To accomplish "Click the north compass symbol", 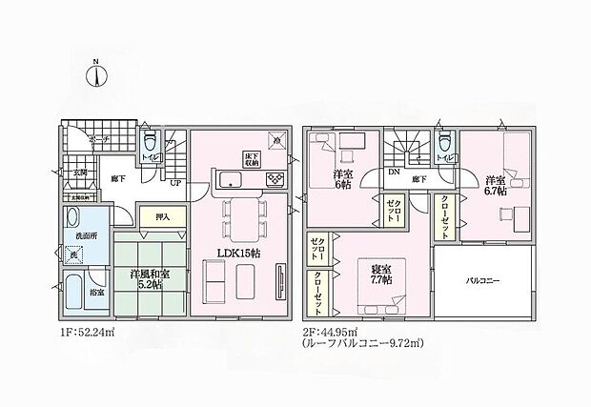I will click(97, 74).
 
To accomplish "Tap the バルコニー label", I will click(484, 282).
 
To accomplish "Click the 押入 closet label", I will click(162, 216).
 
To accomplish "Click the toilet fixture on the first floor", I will click(145, 138).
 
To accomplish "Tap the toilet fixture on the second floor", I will click(443, 143).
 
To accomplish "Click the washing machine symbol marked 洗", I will click(74, 255).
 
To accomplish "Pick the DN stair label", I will click(394, 173).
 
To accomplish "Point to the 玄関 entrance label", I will click(79, 172).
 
